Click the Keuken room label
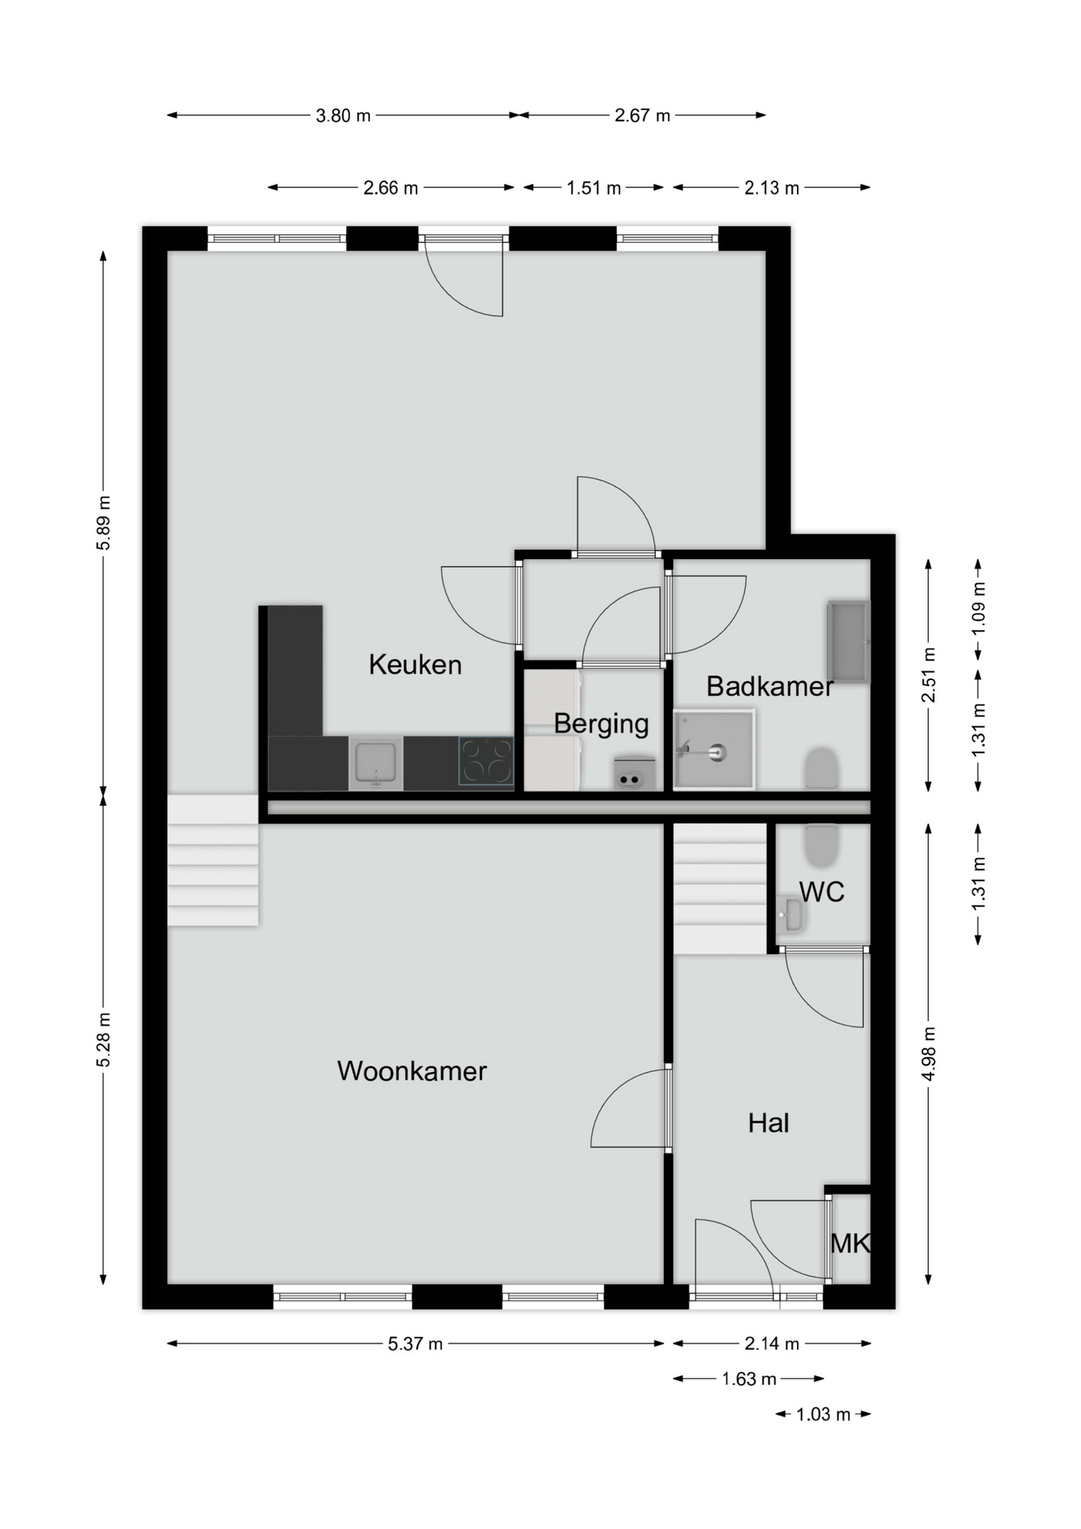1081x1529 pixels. (415, 664)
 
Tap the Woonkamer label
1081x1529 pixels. (412, 1071)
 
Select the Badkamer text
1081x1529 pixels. (770, 686)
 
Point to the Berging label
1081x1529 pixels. (601, 724)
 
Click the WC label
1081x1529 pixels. (821, 892)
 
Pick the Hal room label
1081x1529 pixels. (768, 1124)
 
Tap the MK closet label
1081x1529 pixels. (849, 1244)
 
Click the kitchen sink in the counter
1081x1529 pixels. (376, 763)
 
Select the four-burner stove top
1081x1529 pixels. (486, 761)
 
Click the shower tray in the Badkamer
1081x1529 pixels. (714, 749)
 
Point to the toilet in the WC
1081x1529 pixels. (821, 846)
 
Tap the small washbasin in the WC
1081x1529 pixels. (791, 914)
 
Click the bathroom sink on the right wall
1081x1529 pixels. (849, 641)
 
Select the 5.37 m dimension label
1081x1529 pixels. (415, 1344)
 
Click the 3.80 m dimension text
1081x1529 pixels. (343, 115)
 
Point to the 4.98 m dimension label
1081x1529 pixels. (929, 1054)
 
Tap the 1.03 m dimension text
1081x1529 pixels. (823, 1414)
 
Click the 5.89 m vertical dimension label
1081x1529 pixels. (103, 522)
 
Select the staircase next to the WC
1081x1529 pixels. (720, 889)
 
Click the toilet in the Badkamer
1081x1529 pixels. (821, 768)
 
